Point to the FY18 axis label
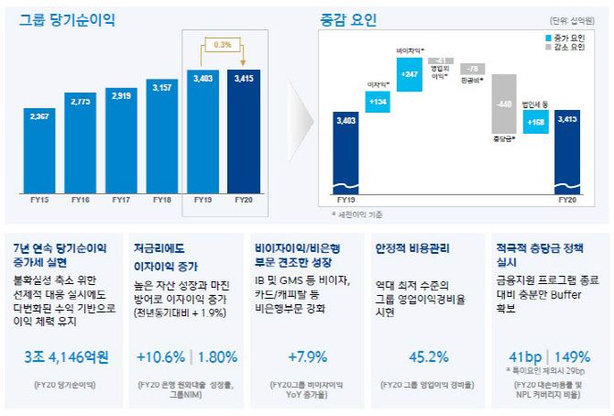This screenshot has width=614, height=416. point(161,199)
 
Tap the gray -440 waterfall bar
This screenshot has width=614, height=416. point(503,104)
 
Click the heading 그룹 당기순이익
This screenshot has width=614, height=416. point(61,18)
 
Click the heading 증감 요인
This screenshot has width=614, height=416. point(348,19)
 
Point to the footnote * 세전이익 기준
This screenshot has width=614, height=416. point(358,213)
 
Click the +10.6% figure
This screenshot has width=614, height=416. point(158,357)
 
